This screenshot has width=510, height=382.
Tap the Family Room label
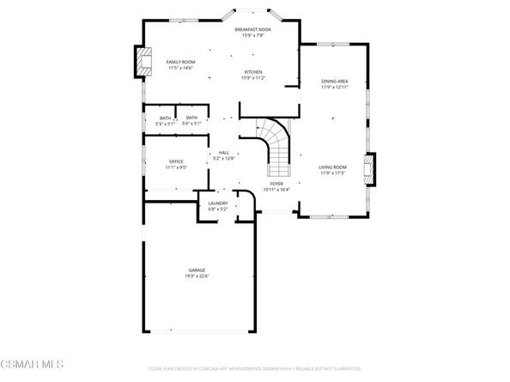(180, 62)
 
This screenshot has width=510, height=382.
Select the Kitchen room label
(252, 72)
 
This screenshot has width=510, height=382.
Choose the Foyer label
(276, 183)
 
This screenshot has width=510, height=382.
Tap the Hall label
(223, 153)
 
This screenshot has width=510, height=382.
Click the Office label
(176, 161)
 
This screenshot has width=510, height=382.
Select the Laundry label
(217, 203)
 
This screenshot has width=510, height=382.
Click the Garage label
(197, 270)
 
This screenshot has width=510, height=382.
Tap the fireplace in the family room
(142, 61)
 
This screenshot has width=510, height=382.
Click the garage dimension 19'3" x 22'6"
(197, 276)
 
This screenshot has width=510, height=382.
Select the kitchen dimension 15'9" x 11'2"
(252, 78)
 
